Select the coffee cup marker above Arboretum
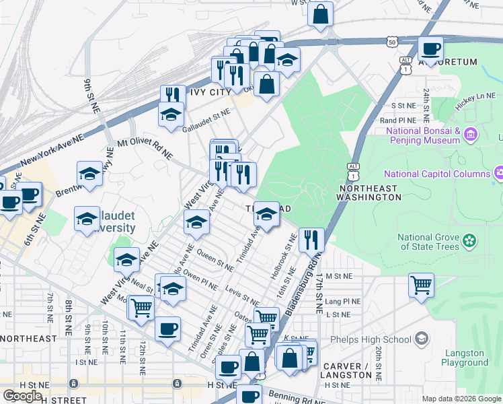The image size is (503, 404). pyautogui.click(x=430, y=48)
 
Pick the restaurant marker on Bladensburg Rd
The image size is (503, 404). pyautogui.click(x=311, y=238)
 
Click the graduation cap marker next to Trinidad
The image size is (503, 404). pyautogui.click(x=266, y=215)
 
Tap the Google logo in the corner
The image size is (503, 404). pyautogui.click(x=23, y=396)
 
